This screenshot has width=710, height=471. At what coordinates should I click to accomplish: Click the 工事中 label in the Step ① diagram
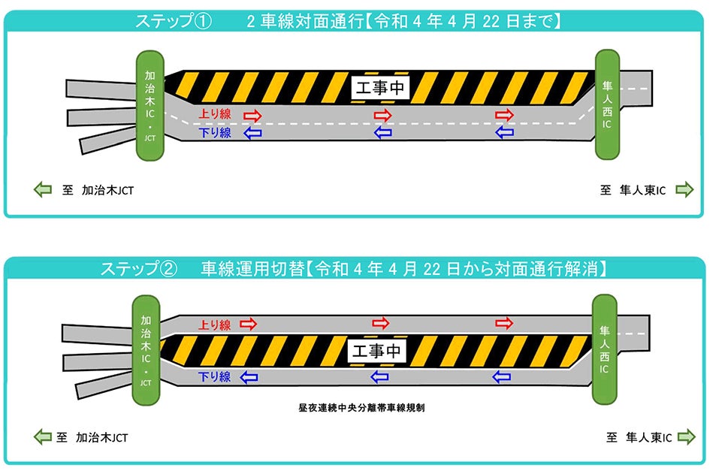click(x=380, y=88)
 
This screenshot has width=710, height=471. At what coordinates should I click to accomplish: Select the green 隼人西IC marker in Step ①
click(x=607, y=104)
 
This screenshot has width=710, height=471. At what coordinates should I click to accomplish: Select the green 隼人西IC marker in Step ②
click(x=604, y=349)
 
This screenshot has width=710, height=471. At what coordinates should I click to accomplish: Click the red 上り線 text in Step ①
click(x=214, y=115)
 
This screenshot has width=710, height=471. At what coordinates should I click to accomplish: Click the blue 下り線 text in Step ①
click(x=214, y=133)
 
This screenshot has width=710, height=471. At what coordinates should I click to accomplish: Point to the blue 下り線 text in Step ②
click(x=214, y=377)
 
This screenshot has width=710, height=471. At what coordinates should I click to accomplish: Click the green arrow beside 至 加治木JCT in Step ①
click(x=43, y=190)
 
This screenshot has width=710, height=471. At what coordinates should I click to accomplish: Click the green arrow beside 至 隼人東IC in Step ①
click(x=684, y=190)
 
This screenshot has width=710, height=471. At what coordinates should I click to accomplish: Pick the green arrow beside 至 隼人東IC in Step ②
click(x=684, y=436)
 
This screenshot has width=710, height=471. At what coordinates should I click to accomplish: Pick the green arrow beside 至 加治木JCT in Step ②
click(x=43, y=436)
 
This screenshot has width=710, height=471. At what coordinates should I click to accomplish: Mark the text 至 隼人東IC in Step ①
click(x=633, y=190)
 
